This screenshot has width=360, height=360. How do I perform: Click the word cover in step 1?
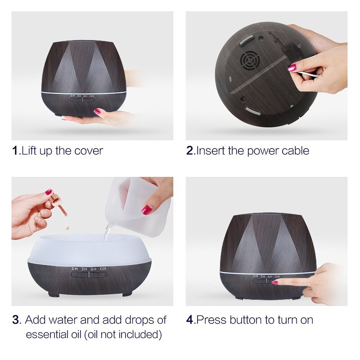point(88,151)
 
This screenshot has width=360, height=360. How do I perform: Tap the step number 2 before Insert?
point(190,151)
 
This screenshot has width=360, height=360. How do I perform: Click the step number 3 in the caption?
point(16,320)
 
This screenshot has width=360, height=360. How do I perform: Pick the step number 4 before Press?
point(190,320)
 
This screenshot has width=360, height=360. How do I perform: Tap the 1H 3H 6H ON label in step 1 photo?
point(82,96)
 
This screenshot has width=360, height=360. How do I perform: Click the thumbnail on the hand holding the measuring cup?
point(147,209)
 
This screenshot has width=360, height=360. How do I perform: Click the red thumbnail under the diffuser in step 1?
point(97,111)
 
